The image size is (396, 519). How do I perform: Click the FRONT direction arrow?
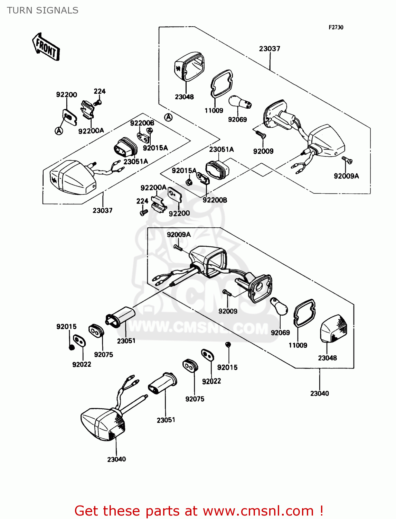click(46, 47)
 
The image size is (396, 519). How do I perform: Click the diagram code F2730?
click(336, 27)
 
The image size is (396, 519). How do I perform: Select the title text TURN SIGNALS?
click(43, 10)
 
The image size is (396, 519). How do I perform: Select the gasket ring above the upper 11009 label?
click(221, 83)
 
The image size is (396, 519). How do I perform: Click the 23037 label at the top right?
click(270, 49)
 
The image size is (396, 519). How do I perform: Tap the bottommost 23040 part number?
click(116, 459)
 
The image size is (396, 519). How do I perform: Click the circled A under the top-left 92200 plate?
click(59, 131)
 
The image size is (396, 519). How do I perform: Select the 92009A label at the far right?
click(346, 176)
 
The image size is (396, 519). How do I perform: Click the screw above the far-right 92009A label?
click(347, 160)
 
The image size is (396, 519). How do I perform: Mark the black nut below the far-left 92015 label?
click(72, 347)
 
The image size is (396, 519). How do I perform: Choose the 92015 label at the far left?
click(66, 327)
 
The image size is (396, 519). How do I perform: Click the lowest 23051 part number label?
click(166, 420)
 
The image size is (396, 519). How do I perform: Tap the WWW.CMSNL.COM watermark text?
click(198, 327)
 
